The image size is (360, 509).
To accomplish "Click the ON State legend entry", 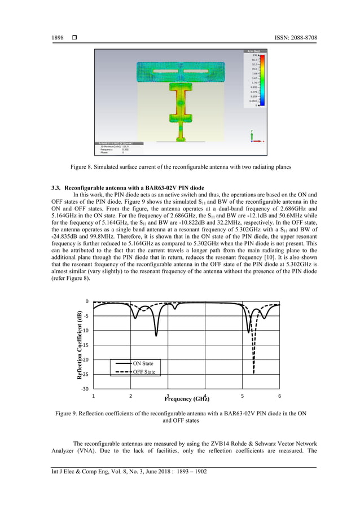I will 142,363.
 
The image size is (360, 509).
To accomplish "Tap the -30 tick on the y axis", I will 84,389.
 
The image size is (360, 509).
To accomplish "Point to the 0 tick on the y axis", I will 86,301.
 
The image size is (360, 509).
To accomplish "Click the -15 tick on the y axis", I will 84,345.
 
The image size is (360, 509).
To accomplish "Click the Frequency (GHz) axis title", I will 187,399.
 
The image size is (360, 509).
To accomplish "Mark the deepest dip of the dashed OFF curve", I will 253,373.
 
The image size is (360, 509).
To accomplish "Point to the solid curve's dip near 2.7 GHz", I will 156,336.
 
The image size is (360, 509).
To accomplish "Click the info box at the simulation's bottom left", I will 118,148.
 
